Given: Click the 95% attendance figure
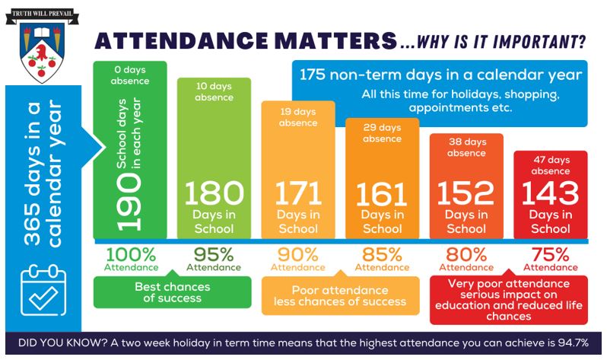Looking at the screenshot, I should [215, 254].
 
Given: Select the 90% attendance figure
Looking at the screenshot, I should [297, 254].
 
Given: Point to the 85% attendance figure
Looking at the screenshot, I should [382, 254].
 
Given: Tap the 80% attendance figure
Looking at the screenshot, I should [466, 254].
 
